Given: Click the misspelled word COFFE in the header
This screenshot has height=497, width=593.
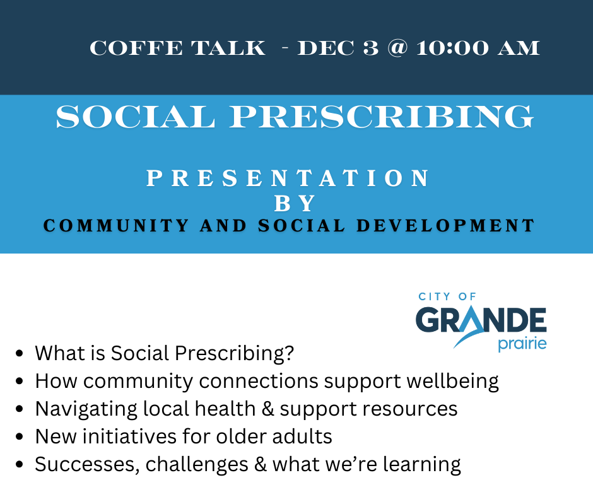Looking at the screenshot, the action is pos(136,48).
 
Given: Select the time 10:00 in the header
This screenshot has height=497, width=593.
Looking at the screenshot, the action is pos(452,48).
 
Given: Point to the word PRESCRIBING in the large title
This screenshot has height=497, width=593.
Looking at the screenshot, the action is pos(382,117).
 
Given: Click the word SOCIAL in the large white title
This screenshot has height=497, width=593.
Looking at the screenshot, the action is pos(136,117).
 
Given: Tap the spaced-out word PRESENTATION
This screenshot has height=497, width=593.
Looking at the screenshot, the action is pos(288,178).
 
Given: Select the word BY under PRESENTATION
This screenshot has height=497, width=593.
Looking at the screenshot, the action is pos(295,204).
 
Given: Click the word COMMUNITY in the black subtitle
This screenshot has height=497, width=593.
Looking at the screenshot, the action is pos(116,226).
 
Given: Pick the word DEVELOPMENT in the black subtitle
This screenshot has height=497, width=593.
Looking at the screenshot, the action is pos(445,226).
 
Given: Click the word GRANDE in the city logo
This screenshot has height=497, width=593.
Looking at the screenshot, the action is pos(481,320).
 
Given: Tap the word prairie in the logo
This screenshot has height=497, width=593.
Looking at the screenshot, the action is pos(522,344).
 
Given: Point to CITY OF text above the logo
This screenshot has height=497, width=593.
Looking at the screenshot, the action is pos(447,296).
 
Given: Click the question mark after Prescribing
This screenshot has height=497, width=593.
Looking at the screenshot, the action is pos(290,353).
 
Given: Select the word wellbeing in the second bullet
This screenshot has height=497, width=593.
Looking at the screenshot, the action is pos(453,381).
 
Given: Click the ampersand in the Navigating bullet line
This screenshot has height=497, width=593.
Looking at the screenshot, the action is pos(267,409).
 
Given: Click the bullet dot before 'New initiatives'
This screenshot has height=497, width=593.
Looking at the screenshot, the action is pos(20,436).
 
